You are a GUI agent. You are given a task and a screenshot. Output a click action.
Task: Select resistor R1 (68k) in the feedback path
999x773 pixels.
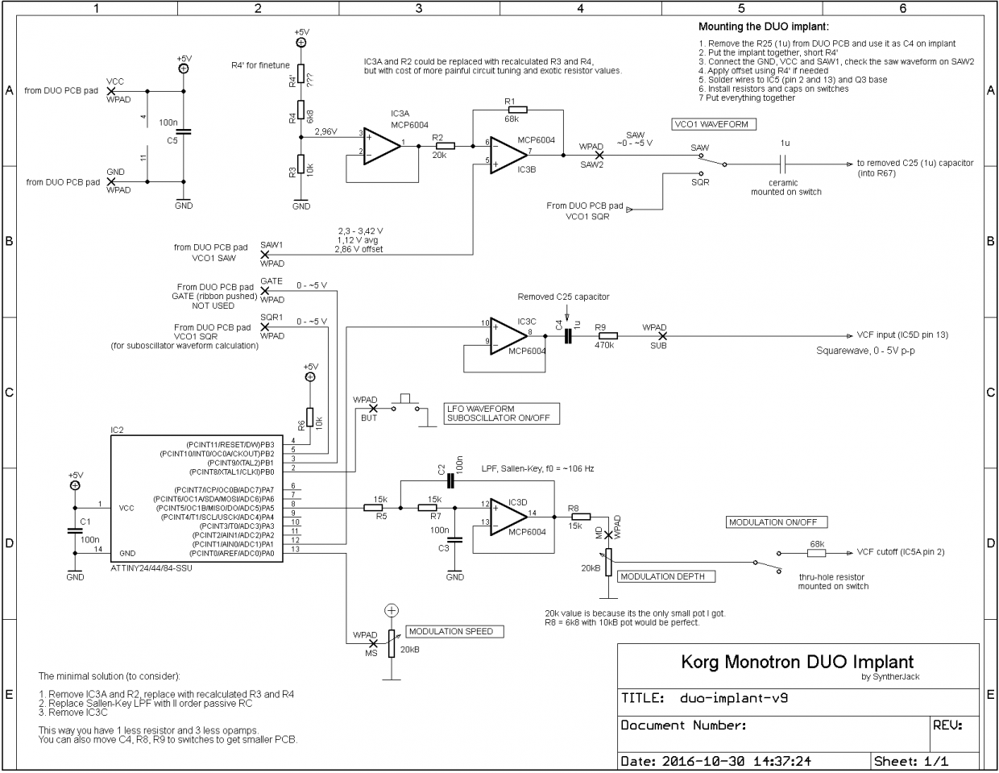point(518,110)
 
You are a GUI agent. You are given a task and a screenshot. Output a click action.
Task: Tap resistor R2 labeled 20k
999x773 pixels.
point(445,146)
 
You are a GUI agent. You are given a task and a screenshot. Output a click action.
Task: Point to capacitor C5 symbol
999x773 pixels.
point(184,132)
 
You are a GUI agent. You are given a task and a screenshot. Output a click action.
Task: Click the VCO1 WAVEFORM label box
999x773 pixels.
point(714,124)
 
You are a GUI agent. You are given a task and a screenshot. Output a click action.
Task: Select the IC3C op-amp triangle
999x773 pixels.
point(508,336)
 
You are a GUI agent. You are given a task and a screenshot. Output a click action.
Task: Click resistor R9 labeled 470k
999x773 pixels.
point(607,336)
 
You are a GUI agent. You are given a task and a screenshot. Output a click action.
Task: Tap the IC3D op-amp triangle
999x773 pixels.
point(508,517)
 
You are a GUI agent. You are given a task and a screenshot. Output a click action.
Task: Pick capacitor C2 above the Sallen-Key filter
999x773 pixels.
point(450,481)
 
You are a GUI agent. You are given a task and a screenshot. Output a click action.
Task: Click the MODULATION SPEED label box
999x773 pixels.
point(454,631)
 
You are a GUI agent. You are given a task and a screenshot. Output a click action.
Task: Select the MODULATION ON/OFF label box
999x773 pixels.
point(777,522)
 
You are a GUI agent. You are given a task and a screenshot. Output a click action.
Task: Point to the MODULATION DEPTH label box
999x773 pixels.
point(665,576)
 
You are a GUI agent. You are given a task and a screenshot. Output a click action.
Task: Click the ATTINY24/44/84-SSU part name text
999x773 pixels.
point(151,568)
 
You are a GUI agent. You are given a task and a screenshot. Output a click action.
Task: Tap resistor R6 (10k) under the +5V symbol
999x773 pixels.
point(310,417)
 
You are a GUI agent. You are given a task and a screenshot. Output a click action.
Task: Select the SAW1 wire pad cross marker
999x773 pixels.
point(265,255)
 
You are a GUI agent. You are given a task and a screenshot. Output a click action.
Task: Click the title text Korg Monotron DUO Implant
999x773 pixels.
point(797,663)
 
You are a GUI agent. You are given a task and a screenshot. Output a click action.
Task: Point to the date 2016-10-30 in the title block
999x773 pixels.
point(703,761)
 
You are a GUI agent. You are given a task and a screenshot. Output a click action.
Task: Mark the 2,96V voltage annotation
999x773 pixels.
point(326,131)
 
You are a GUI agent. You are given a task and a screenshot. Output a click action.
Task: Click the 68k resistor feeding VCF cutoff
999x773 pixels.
point(816,553)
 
